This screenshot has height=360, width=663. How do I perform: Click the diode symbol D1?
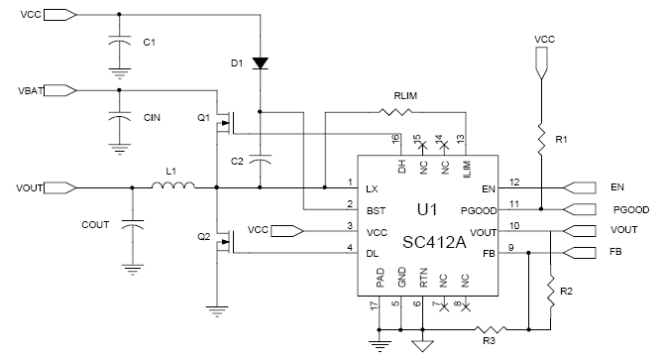point(260,62)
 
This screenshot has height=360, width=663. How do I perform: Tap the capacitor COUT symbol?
point(130,227)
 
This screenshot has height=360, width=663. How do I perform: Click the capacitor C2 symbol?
point(260,159)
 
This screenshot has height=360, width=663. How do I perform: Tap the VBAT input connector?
point(60,90)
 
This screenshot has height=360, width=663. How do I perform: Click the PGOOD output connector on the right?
point(577,209)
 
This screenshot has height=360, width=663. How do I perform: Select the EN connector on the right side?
point(577,185)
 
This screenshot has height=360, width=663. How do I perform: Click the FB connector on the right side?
point(577,253)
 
